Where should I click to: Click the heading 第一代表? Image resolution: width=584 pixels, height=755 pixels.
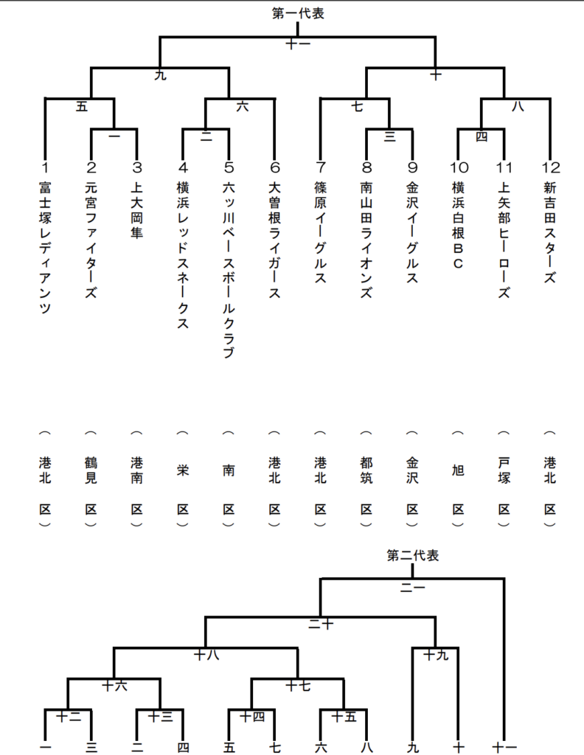tap(298, 13)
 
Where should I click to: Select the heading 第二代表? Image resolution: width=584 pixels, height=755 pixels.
tap(413, 555)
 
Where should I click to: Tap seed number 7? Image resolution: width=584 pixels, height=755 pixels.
tap(321, 167)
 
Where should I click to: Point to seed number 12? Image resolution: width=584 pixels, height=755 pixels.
tap(550, 167)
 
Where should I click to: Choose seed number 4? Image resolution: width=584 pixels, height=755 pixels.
tap(183, 167)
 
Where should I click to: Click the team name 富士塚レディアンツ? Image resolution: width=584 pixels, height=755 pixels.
tap(45, 248)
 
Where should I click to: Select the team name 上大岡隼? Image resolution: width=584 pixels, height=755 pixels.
tap(137, 210)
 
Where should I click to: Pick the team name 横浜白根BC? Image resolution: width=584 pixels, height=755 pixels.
tap(459, 225)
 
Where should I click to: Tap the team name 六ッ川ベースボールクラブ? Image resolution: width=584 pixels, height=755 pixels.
tap(229, 270)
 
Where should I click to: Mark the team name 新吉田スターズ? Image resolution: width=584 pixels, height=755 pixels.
tap(550, 232)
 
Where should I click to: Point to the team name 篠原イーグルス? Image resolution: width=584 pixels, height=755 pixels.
tap(321, 232)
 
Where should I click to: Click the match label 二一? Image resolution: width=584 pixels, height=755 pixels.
tap(413, 588)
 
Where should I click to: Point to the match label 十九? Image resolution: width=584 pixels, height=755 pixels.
tap(436, 655)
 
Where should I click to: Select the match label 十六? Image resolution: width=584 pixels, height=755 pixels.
tap(114, 686)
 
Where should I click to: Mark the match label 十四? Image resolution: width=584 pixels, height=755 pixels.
tap(251, 717)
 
